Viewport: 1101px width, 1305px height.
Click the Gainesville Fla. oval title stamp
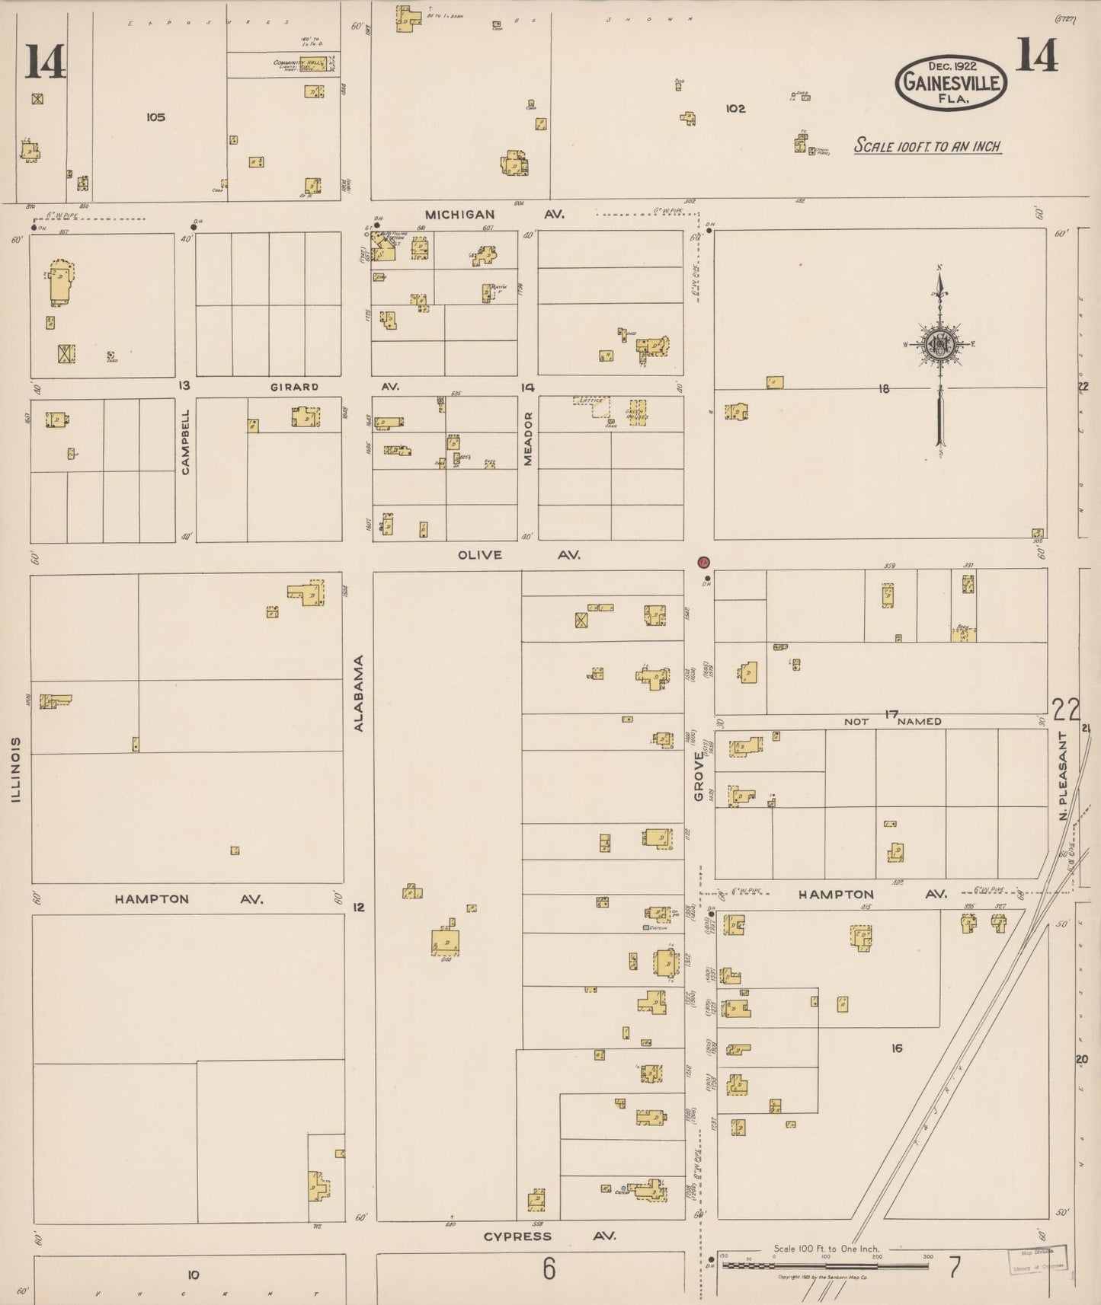(951, 82)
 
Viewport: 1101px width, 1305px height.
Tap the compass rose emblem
(941, 343)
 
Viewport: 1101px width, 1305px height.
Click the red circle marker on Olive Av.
(703, 563)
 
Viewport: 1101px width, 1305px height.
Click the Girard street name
(294, 387)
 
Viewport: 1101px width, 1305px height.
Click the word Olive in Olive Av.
(479, 555)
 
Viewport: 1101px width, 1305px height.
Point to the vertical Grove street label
(699, 775)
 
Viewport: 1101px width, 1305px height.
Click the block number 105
(155, 117)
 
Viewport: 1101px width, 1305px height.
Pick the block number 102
(735, 109)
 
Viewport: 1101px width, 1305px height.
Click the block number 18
(884, 389)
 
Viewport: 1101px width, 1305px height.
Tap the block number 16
(896, 1048)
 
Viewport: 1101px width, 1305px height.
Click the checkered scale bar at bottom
(825, 1265)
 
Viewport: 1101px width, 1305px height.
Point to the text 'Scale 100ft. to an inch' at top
(927, 146)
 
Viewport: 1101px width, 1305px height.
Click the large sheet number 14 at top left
(45, 62)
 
